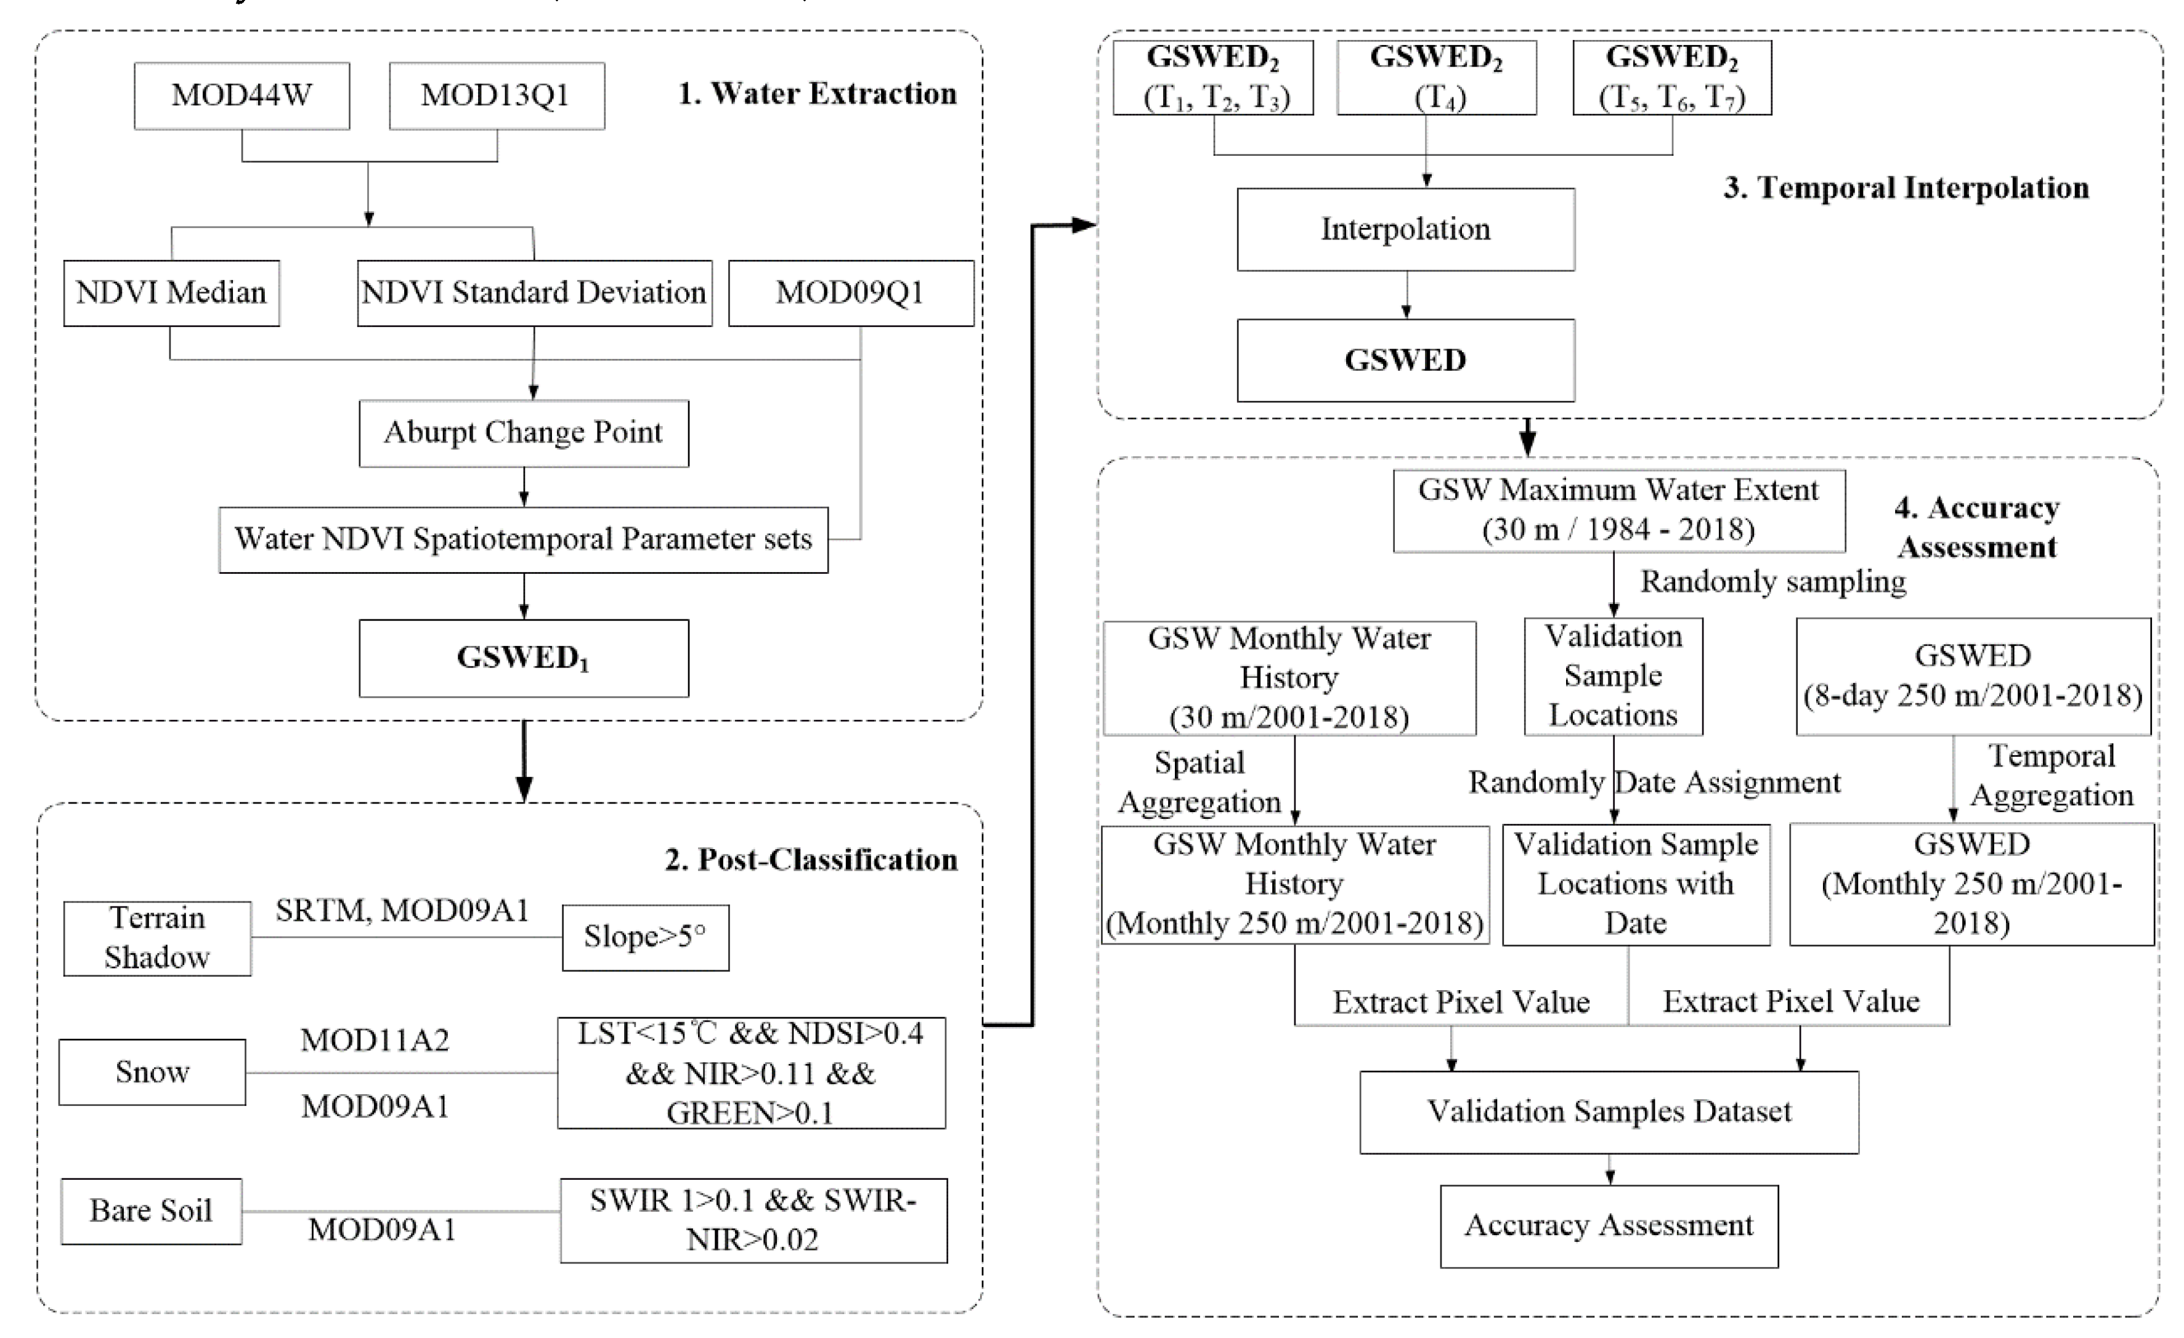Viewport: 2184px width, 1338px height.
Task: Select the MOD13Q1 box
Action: (497, 95)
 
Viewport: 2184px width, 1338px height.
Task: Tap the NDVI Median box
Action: (171, 292)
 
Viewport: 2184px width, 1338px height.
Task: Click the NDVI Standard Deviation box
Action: (534, 292)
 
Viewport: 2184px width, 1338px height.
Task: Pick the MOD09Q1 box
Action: (850, 292)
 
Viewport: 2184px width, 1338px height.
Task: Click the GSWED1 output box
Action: (523, 658)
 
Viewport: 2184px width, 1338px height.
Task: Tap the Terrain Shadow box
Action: (157, 938)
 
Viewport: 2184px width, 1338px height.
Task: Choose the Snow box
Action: (152, 1072)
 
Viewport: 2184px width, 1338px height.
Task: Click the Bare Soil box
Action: (151, 1211)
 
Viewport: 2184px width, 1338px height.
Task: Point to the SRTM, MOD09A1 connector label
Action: (402, 911)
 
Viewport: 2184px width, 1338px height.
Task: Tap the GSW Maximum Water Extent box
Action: (1618, 510)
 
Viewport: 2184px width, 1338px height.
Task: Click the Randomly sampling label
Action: (1772, 582)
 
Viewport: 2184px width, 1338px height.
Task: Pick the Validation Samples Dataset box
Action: (1608, 1111)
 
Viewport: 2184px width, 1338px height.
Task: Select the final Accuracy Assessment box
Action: (1608, 1225)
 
